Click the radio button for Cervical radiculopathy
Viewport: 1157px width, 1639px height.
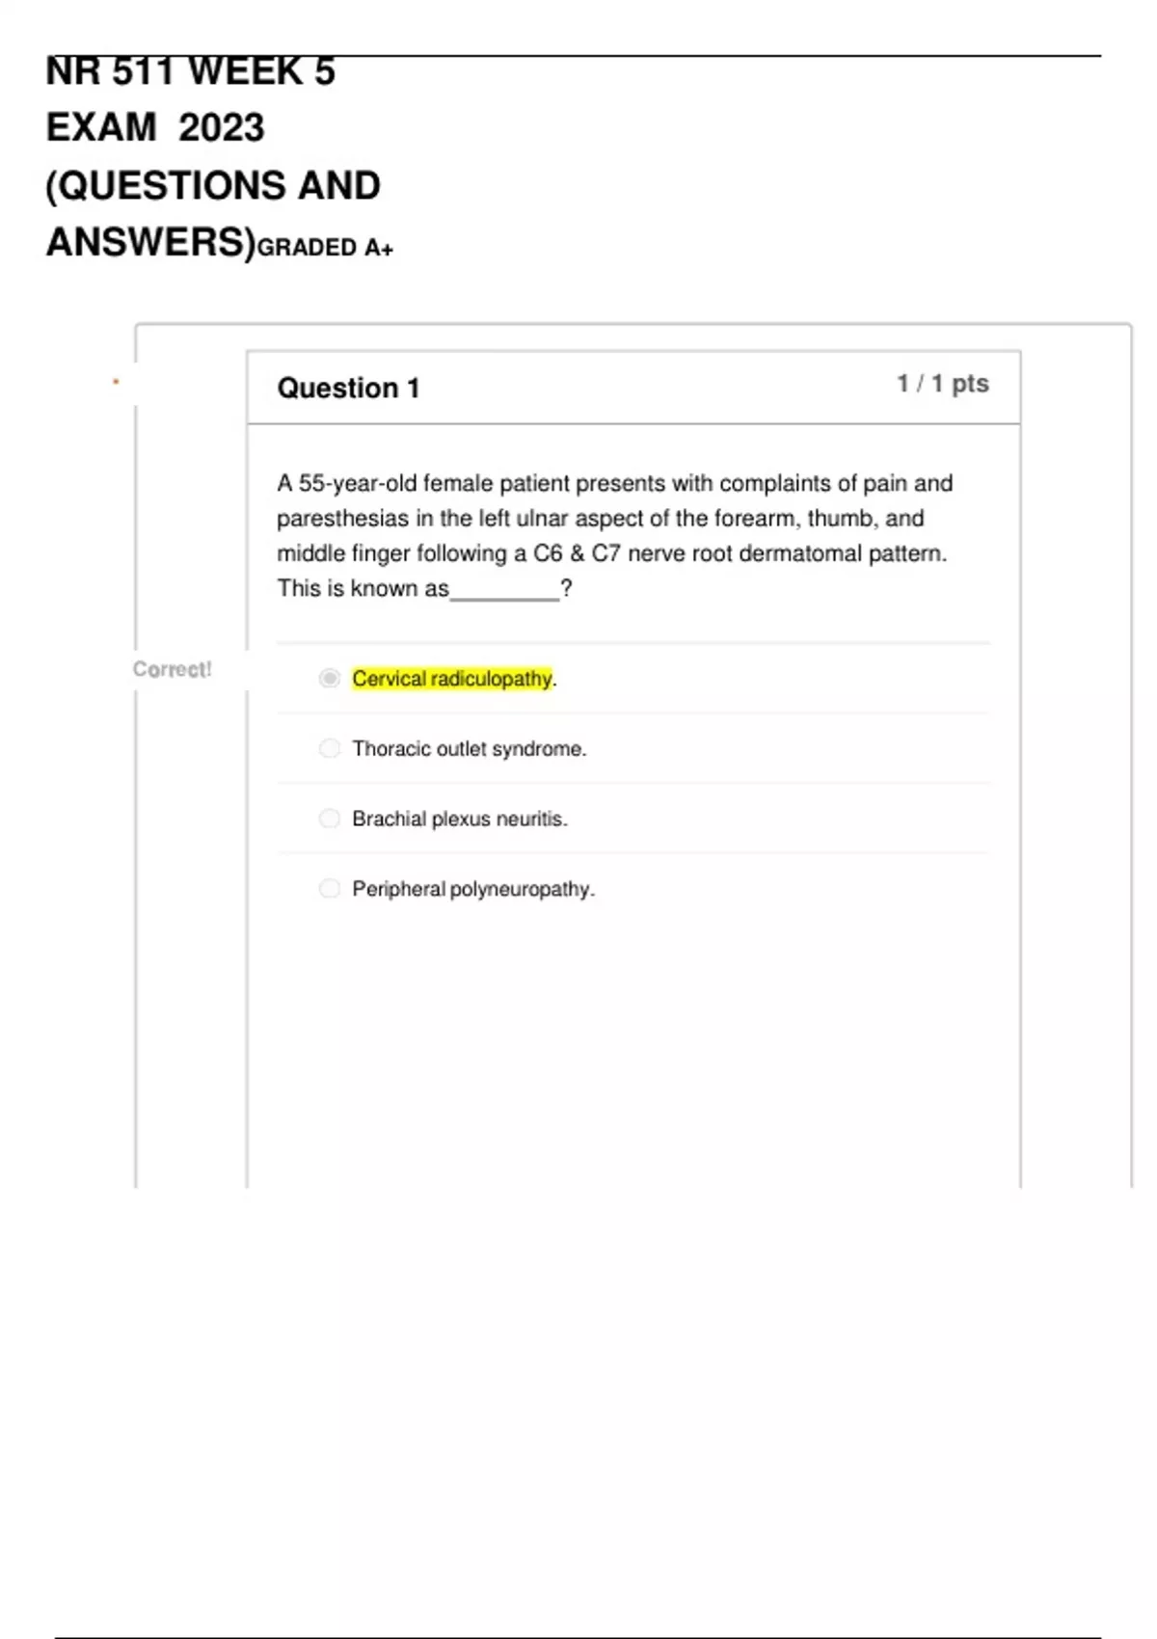(330, 679)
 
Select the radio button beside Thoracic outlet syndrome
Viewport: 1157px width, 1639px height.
(330, 748)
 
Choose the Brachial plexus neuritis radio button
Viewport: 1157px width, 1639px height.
(330, 819)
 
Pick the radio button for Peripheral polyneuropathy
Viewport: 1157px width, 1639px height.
(330, 888)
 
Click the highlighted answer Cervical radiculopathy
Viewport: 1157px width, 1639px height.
(452, 679)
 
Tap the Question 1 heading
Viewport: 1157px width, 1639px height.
(348, 388)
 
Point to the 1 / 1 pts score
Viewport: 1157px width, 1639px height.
(942, 384)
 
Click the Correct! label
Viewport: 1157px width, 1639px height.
(172, 669)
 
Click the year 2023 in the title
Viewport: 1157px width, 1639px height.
(221, 127)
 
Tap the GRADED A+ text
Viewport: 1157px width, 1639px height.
(325, 248)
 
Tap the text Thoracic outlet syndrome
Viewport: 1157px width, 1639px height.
(469, 749)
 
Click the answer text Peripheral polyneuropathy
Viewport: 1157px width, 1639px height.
(472, 889)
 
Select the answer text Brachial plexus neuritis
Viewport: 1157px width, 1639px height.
(459, 819)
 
